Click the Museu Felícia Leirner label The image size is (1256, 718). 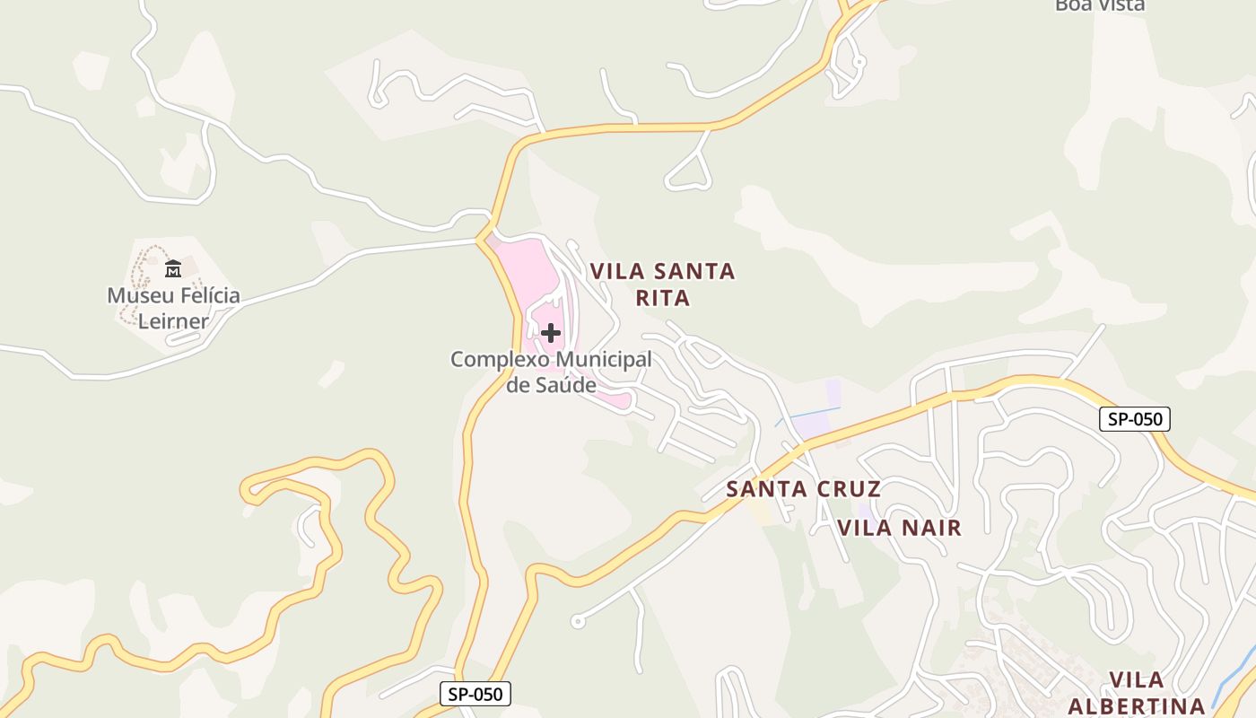point(173,308)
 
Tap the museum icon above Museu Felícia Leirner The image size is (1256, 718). point(173,268)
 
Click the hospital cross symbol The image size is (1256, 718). point(551,333)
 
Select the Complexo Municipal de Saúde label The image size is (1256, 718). point(551,372)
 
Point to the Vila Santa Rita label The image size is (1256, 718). point(662,285)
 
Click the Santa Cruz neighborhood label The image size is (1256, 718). point(803,489)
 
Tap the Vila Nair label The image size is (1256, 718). point(900,528)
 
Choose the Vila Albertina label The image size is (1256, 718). point(1136,693)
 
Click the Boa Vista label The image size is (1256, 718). point(1100,5)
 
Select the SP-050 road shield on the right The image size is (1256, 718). point(1135,419)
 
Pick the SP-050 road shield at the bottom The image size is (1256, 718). point(475,694)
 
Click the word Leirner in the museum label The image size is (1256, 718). point(173,321)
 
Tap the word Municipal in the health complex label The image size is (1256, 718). point(603,360)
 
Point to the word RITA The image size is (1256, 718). point(663,298)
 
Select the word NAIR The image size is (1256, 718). point(929,528)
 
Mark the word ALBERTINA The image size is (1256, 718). point(1136,705)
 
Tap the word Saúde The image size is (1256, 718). point(565,386)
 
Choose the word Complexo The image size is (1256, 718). point(500,360)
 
